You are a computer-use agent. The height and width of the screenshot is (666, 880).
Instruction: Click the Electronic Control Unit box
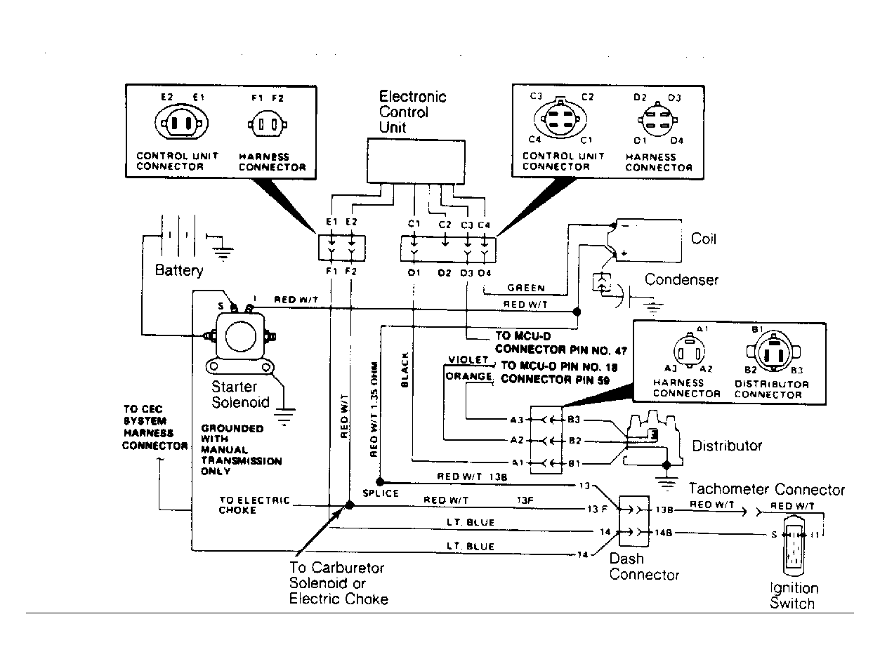[x=416, y=161]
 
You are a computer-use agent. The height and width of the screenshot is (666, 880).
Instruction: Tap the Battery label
[x=179, y=270]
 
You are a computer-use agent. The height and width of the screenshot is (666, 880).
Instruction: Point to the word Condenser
[x=681, y=280]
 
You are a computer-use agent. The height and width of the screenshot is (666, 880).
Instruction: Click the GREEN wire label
[x=526, y=288]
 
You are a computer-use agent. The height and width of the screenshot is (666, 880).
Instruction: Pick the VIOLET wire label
[x=467, y=360]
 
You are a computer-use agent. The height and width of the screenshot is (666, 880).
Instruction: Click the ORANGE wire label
[x=468, y=376]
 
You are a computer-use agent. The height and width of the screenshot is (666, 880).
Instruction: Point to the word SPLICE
[x=381, y=493]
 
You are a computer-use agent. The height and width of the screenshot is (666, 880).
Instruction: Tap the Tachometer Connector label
[x=766, y=490]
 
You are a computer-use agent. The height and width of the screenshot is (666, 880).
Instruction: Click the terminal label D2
[x=444, y=272]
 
